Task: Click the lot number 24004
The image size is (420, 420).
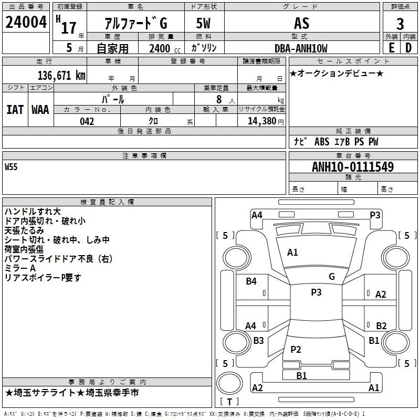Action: (x=26, y=22)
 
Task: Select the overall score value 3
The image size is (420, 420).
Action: (x=400, y=24)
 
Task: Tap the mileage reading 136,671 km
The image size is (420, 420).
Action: (x=61, y=75)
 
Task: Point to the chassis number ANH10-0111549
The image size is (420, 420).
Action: (x=353, y=166)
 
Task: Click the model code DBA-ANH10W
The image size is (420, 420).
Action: (x=301, y=48)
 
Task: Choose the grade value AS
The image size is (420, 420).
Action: (x=301, y=23)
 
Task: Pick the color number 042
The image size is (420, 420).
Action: (x=87, y=121)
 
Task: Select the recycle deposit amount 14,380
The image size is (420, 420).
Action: (x=262, y=121)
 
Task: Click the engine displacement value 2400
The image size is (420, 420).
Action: (x=160, y=48)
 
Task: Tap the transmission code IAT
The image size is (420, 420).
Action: (x=15, y=110)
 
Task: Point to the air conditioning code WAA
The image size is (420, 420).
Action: (x=40, y=110)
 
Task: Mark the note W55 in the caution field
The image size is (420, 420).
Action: (x=11, y=167)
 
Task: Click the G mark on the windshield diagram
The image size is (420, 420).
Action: (x=332, y=276)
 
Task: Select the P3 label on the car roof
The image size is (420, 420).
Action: (x=316, y=292)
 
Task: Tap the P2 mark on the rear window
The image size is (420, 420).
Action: (x=296, y=349)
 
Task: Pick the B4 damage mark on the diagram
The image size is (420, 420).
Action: (x=251, y=281)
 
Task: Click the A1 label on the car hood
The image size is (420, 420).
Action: (x=292, y=252)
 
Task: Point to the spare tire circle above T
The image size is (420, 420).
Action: (x=229, y=383)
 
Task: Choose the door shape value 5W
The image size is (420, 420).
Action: (x=203, y=23)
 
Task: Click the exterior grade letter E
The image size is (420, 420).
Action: (x=392, y=48)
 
